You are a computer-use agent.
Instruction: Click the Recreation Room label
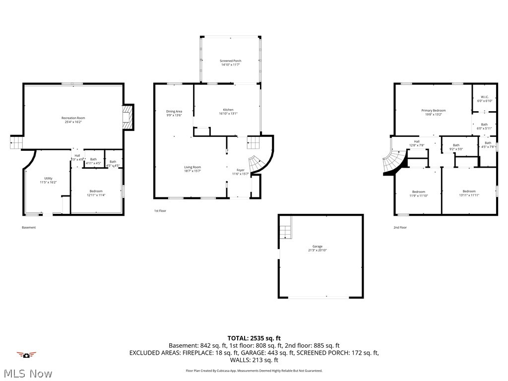[x=73, y=120]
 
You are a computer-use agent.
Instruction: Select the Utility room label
[x=48, y=180]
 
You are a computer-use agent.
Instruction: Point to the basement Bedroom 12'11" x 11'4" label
[x=96, y=193]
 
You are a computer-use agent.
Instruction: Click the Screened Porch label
[x=231, y=63]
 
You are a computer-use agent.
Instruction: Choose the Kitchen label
[x=228, y=112]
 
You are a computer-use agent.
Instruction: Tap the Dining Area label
[x=174, y=113]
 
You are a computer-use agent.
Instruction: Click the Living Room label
[x=192, y=169]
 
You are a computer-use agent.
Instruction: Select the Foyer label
[x=241, y=172]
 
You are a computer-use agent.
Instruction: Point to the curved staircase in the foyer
[x=256, y=164]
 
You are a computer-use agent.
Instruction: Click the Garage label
[x=317, y=248]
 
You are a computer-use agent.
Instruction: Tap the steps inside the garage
[x=285, y=232]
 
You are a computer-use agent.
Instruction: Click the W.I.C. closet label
[x=484, y=99]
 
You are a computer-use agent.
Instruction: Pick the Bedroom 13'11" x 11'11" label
[x=469, y=193]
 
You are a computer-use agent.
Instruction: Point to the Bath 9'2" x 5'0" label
[x=456, y=147]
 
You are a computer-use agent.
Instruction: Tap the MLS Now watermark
[x=27, y=373]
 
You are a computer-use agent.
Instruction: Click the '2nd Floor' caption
[x=400, y=228]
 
